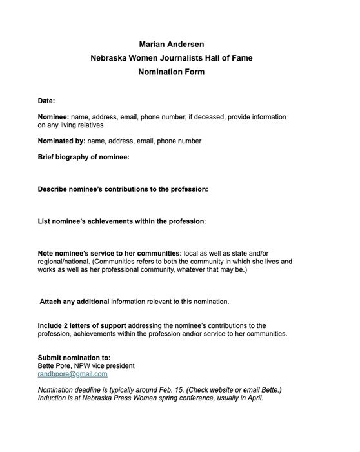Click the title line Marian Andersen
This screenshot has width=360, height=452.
tap(171, 45)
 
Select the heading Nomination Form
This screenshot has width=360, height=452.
tap(171, 72)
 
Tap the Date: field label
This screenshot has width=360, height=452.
tap(46, 101)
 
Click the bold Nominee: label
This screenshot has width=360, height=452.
tap(53, 117)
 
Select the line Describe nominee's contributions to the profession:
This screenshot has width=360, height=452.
tap(123, 189)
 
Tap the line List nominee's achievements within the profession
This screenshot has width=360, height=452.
tap(121, 221)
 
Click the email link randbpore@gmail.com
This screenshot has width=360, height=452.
tap(73, 374)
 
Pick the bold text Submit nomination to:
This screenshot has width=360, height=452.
tap(74, 357)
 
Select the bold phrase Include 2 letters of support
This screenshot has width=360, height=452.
tap(85, 325)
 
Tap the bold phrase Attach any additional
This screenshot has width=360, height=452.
tap(74, 302)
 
